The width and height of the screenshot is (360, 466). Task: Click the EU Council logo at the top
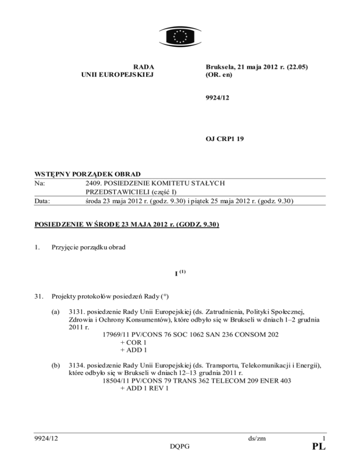pos(180,35)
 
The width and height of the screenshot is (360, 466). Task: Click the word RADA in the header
pos(143,67)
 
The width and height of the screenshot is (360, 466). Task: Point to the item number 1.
pos(32,247)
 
